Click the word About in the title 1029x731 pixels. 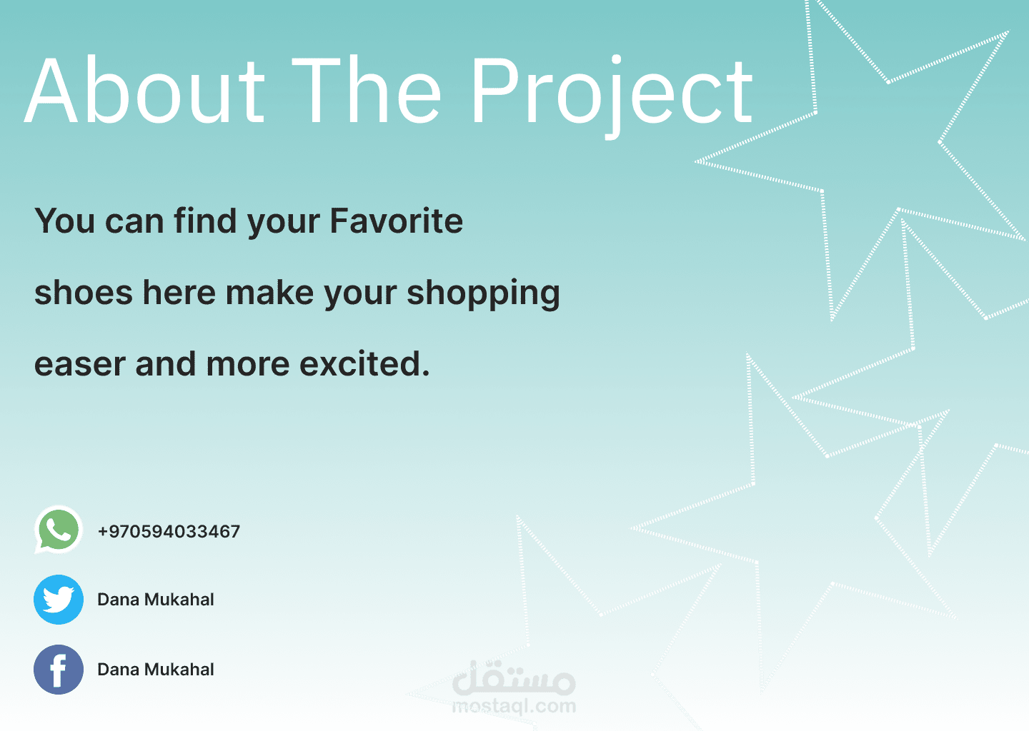[144, 89]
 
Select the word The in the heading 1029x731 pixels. [367, 89]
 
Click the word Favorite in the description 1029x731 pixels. [397, 221]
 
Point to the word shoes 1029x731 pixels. [84, 293]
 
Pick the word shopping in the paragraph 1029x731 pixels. [483, 293]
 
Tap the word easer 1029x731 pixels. [80, 365]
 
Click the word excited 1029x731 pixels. [364, 363]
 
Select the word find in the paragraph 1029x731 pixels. [205, 221]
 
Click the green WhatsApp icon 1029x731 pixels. [59, 530]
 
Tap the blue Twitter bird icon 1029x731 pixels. [59, 600]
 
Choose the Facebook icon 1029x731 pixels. [59, 670]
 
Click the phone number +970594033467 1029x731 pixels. [169, 531]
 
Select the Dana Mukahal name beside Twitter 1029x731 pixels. [156, 600]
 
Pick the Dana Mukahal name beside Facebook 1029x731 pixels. [156, 670]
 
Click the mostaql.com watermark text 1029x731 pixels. [514, 707]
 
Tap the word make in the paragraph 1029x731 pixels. [269, 293]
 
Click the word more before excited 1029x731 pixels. [248, 365]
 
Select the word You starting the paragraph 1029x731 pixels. [65, 221]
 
